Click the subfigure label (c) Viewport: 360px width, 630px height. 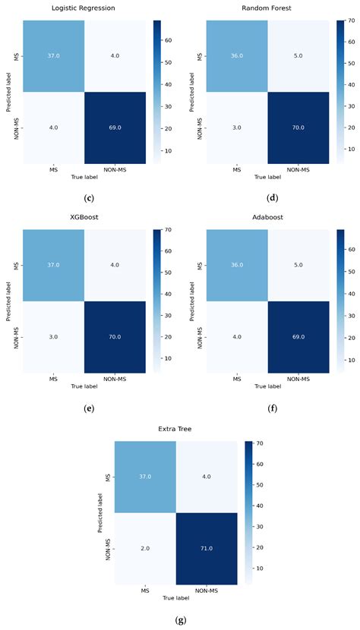pos(90,198)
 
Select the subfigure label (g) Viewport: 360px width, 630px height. pos(180,620)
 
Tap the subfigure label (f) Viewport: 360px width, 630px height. pos(270,408)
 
